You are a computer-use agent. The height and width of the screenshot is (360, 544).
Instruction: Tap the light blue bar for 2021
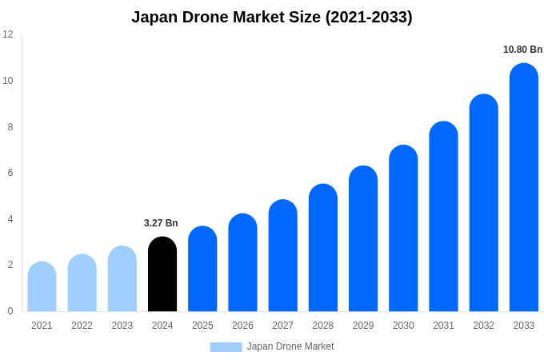click(x=42, y=287)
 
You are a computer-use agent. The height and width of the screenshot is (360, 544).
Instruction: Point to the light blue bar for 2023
click(x=122, y=279)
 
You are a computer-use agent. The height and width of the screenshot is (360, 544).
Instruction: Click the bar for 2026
click(x=242, y=263)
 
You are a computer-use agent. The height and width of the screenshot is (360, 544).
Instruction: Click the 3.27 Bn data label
click(x=161, y=223)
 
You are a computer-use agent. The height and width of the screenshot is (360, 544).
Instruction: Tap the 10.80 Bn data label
click(x=522, y=50)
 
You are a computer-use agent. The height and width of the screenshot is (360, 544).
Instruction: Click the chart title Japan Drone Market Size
click(x=272, y=17)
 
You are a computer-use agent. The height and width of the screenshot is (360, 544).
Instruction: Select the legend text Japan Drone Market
click(x=290, y=346)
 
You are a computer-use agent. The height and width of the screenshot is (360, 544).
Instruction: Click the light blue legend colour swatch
click(x=226, y=347)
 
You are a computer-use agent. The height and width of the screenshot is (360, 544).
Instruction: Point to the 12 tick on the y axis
click(x=8, y=34)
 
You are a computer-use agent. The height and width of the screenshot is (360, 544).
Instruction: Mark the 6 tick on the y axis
click(x=10, y=173)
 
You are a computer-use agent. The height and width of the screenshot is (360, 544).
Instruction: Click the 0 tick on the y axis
click(x=10, y=311)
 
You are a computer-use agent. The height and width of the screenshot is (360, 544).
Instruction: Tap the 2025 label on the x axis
click(x=202, y=326)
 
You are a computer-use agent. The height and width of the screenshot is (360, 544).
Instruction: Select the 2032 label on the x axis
click(x=483, y=326)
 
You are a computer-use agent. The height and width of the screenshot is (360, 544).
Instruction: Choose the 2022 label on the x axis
click(x=82, y=326)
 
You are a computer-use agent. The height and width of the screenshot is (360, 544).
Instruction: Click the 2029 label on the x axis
click(x=363, y=326)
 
